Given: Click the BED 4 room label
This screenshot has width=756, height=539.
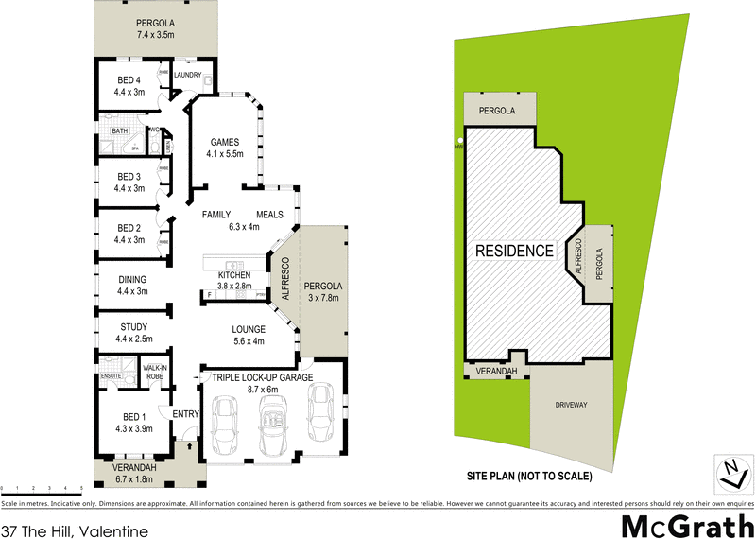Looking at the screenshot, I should pyautogui.click(x=129, y=79).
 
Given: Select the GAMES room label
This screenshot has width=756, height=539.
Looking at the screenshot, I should pyautogui.click(x=225, y=142).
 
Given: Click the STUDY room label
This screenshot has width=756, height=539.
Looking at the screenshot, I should pyautogui.click(x=131, y=327).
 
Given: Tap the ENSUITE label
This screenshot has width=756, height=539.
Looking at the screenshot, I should pyautogui.click(x=111, y=375).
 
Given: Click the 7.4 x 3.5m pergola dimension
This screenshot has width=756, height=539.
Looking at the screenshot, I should pyautogui.click(x=157, y=36).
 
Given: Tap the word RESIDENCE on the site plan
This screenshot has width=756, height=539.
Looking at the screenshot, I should pyautogui.click(x=513, y=251).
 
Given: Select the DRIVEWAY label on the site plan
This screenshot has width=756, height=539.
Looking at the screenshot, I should pyautogui.click(x=571, y=405).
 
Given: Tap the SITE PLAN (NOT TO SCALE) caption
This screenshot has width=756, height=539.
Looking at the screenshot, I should pyautogui.click(x=529, y=475).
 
